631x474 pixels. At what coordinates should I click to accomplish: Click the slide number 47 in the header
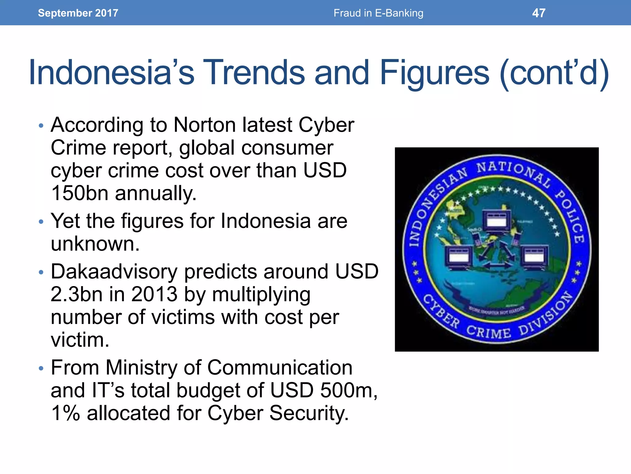539,13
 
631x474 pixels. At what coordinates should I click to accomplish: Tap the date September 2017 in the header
78,13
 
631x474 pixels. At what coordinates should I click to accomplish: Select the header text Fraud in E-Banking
378,13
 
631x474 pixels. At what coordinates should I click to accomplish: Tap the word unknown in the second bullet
95,244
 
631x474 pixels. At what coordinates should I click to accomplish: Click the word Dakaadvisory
114,272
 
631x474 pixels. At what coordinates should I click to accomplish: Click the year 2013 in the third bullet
154,294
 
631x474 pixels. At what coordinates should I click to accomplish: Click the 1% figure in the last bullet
65,413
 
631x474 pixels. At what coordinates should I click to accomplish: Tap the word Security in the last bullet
309,413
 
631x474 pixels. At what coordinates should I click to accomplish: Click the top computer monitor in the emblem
496,220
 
